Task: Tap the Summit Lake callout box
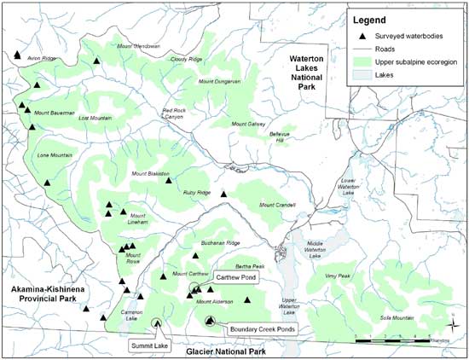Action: point(147,345)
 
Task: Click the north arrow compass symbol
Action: point(452,322)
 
